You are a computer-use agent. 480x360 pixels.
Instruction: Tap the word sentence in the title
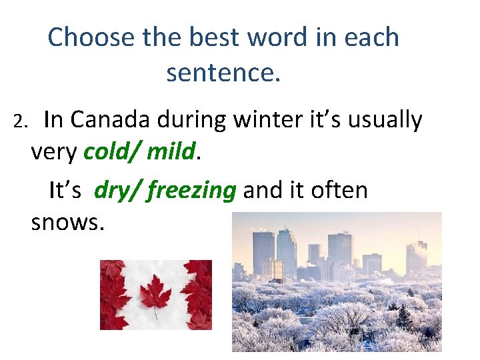[x=223, y=73]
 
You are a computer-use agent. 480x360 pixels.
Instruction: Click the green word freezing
[x=192, y=191]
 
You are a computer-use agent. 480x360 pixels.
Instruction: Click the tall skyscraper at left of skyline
[x=263, y=253]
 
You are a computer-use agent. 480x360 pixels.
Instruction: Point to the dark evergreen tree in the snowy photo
[x=404, y=317]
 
